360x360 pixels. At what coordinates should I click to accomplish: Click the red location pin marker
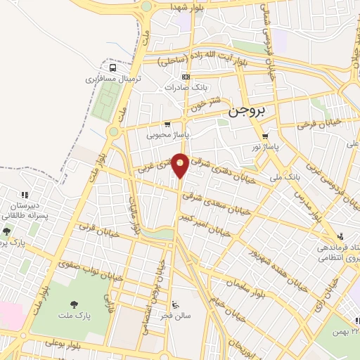coord(181,165)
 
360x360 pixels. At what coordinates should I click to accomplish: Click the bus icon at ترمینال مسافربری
coord(113,68)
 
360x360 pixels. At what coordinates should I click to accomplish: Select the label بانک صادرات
coord(184,88)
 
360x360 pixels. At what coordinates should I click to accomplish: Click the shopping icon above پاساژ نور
coord(265,137)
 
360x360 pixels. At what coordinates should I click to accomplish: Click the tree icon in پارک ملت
coord(75,304)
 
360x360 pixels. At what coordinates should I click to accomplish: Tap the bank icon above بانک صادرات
coord(186,77)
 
